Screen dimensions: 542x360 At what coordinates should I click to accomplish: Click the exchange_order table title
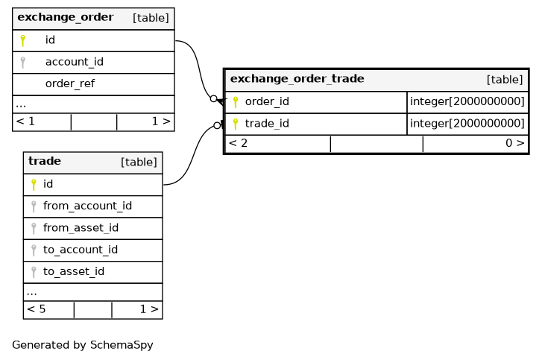coord(66,17)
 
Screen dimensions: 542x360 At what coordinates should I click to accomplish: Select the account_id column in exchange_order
coord(75,62)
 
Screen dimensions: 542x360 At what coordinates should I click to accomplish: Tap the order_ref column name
coord(70,83)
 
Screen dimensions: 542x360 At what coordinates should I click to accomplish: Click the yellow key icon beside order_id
coord(236,102)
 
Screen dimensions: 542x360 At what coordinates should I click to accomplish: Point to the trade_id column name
coord(267,123)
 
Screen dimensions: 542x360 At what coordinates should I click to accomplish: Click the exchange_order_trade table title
coord(297,79)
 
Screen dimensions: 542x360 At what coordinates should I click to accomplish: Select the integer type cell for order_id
coord(467,101)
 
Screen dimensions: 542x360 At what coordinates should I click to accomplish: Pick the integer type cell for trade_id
coord(467,123)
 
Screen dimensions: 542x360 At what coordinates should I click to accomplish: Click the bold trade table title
coord(45,161)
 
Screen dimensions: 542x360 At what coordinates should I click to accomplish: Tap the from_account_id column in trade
coord(87,206)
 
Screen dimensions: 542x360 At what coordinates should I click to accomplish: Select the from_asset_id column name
coord(81,228)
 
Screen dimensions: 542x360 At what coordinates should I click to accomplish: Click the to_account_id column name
coord(81,250)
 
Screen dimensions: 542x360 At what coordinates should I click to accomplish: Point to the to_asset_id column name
coord(74,271)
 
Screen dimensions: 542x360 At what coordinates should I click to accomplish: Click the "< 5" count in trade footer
coord(37,309)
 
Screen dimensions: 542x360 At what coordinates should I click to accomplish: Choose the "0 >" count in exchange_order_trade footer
coord(515,143)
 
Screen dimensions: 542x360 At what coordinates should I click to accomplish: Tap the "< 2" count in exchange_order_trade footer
coord(238,143)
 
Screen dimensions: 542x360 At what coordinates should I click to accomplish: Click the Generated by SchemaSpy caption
coord(83,345)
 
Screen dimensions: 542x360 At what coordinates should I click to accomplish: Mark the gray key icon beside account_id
coord(23,62)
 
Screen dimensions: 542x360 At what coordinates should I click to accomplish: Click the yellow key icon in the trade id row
coord(34,185)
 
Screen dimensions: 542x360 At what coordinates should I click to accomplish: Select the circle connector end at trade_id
coord(217,125)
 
